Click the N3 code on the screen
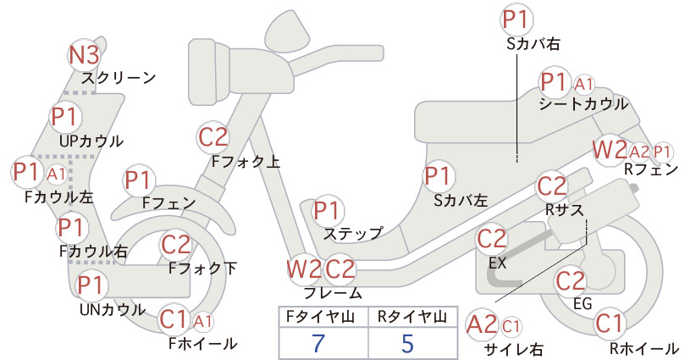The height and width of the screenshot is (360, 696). pyautogui.click(x=84, y=55)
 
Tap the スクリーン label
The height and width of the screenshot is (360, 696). pyautogui.click(x=119, y=78)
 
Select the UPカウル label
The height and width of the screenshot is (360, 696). pyautogui.click(x=91, y=141)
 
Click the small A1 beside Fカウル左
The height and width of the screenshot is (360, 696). pyautogui.click(x=57, y=174)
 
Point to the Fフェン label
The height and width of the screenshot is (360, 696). pyautogui.click(x=169, y=202)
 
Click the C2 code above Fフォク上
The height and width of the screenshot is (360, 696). pyautogui.click(x=213, y=137)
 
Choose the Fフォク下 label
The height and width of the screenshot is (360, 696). pyautogui.click(x=203, y=269)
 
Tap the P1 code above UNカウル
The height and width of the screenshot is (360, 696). pyautogui.click(x=90, y=285)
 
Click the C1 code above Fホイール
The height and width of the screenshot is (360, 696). pyautogui.click(x=173, y=319)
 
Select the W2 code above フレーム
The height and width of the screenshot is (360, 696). pyautogui.click(x=304, y=269)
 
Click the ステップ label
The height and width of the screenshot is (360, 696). pyautogui.click(x=353, y=234)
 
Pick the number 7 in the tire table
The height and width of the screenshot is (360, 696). pyautogui.click(x=318, y=343)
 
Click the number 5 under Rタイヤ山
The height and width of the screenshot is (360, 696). pyautogui.click(x=407, y=343)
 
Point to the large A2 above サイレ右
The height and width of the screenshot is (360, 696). pyautogui.click(x=482, y=324)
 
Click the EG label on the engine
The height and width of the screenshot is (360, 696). pyautogui.click(x=583, y=303)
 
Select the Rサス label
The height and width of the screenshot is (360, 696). pyautogui.click(x=565, y=209)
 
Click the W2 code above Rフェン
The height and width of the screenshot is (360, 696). pyautogui.click(x=610, y=150)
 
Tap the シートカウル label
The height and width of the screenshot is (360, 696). pyautogui.click(x=583, y=104)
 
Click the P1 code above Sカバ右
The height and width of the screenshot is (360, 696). pyautogui.click(x=516, y=19)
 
